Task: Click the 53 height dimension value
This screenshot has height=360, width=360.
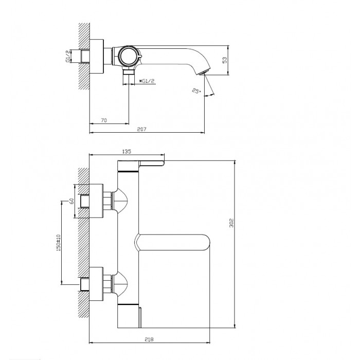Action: pyautogui.click(x=225, y=60)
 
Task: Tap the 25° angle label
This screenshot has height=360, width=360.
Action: pyautogui.click(x=196, y=91)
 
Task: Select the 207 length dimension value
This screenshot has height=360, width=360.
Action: pyautogui.click(x=141, y=129)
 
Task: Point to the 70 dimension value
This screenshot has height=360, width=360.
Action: pyautogui.click(x=104, y=120)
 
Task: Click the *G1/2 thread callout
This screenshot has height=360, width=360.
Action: pyautogui.click(x=147, y=81)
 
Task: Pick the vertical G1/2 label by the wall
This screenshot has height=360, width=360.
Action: pyautogui.click(x=68, y=56)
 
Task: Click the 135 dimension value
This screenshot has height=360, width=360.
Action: pyautogui.click(x=127, y=152)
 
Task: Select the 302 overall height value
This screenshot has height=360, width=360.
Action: pyautogui.click(x=231, y=223)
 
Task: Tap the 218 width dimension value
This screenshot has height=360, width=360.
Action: pyautogui.click(x=149, y=339)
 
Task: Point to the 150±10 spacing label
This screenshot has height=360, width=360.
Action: pyautogui.click(x=58, y=243)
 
